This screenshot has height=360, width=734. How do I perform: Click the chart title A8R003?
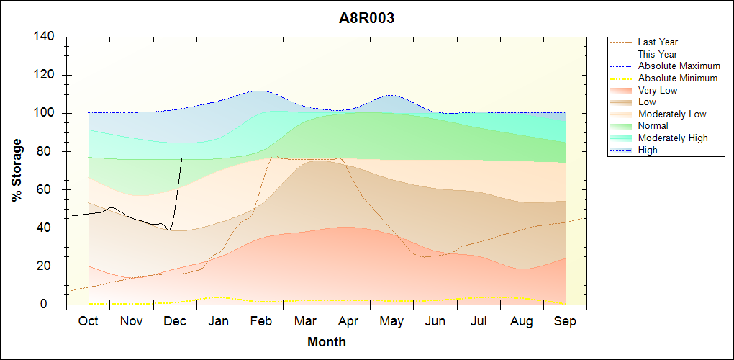click(x=367, y=19)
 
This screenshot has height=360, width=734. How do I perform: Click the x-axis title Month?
click(x=327, y=342)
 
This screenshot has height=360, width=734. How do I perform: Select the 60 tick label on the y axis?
click(x=49, y=189)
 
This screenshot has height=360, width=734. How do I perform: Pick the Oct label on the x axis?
click(x=88, y=321)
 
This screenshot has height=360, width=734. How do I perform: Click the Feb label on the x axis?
click(x=261, y=321)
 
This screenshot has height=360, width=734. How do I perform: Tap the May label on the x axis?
click(x=391, y=321)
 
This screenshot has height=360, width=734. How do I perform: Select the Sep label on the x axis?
click(x=565, y=321)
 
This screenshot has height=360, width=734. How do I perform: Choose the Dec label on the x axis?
click(x=175, y=321)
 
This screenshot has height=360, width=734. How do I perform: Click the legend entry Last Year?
click(x=658, y=42)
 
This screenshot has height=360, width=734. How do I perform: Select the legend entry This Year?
click(x=658, y=54)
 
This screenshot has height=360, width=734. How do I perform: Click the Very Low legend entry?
click(x=658, y=90)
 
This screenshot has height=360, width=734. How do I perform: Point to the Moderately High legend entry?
click(x=673, y=138)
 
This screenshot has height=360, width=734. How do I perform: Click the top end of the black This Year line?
click(x=182, y=158)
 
